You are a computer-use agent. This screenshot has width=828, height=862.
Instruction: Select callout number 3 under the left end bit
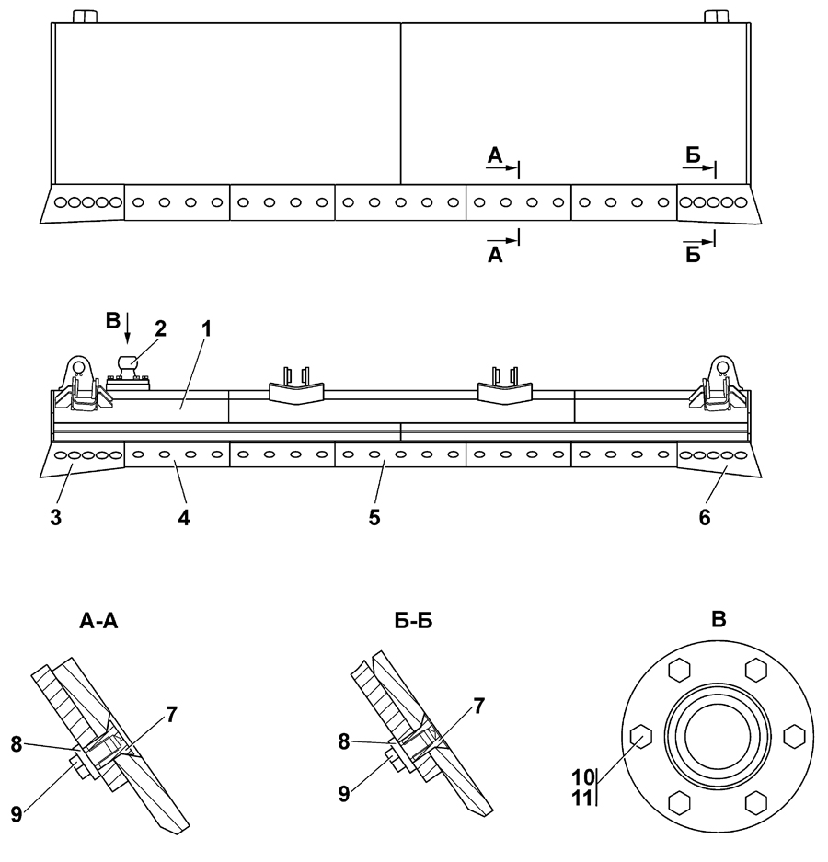[x=56, y=517]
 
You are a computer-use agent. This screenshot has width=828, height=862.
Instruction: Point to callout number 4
[x=184, y=517]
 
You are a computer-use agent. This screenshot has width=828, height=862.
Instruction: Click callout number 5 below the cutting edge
[x=374, y=517]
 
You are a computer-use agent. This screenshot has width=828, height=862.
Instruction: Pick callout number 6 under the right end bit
[x=704, y=517]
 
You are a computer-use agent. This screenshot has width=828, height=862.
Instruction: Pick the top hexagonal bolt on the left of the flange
[x=679, y=671]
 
